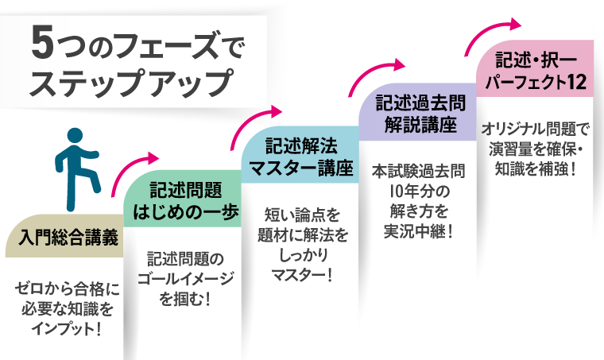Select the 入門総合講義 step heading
[x=64, y=237]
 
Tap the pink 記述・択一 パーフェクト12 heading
[x=533, y=71]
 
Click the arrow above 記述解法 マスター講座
[x=254, y=122]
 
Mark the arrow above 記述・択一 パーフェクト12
[x=493, y=30]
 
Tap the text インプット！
[x=64, y=327]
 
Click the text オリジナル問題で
[x=533, y=129]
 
